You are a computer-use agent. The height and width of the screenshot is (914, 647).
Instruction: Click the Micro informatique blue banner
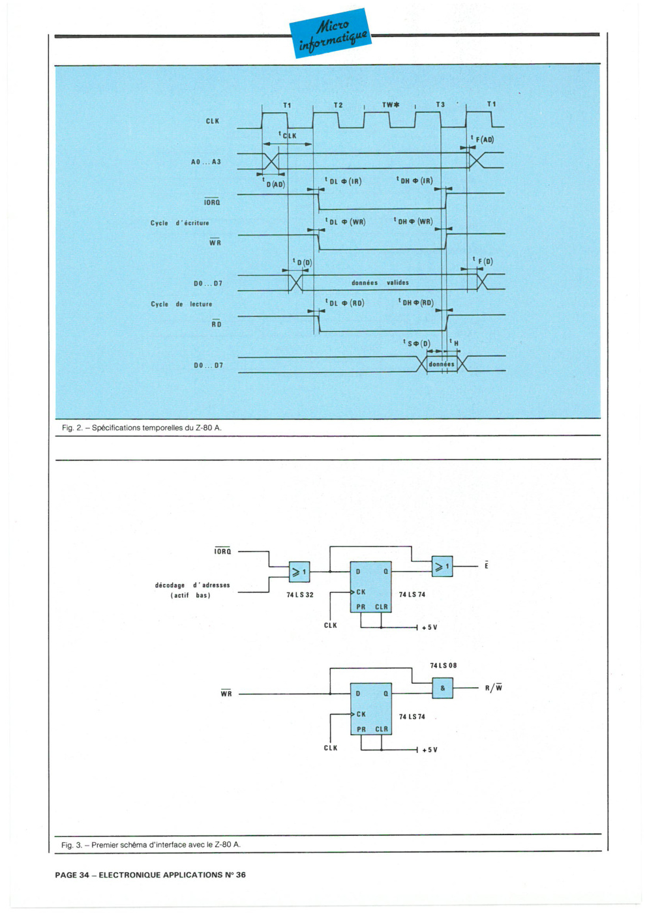coord(330,33)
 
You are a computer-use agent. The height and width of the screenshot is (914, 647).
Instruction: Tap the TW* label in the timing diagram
coord(391,105)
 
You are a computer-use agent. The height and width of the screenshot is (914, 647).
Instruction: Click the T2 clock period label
coord(338,105)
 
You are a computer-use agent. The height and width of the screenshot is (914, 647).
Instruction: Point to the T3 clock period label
coord(440,104)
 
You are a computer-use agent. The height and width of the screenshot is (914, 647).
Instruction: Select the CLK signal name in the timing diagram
coord(212,121)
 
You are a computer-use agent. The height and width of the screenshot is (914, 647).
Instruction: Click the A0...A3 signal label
coord(205,162)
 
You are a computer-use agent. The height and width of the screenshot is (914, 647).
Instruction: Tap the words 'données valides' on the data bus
coord(380,282)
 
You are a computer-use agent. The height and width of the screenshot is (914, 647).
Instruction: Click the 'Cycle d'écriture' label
coord(179,223)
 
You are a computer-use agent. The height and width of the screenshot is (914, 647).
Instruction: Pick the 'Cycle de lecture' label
coord(181,304)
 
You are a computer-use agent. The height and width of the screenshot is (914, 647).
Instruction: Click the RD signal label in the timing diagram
coord(217,323)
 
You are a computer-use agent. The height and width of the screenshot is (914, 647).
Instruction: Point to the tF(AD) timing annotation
coord(482,139)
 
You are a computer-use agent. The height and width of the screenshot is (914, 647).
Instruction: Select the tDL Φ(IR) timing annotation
coord(343,181)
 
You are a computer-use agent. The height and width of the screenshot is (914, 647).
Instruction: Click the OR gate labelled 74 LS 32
coord(299,572)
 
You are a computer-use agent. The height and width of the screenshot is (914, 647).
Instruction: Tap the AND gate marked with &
coord(442,688)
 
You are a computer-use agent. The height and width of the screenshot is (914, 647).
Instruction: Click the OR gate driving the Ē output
coord(442,567)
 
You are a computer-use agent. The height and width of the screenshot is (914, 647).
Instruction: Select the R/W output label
coord(494,688)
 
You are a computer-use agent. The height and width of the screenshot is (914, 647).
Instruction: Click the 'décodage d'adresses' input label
coord(192,590)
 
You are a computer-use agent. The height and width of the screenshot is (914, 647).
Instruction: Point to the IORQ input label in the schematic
coord(223,551)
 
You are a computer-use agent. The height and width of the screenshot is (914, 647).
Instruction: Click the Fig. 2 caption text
coord(142,428)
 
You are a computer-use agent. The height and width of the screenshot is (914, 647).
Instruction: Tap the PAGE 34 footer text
coord(150,874)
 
